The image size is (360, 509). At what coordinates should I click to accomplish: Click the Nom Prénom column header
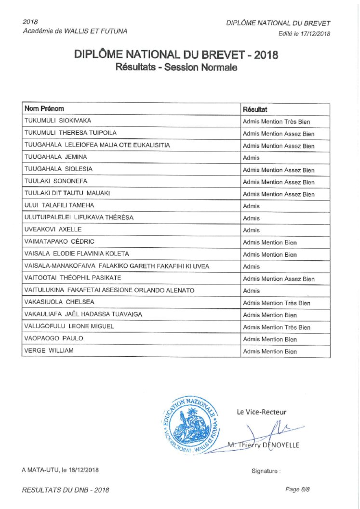coord(44,109)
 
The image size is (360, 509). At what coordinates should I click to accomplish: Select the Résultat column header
coord(255,109)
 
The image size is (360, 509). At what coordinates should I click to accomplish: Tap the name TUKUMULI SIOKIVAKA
coord(58,121)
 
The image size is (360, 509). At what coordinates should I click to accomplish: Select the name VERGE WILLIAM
coord(49,350)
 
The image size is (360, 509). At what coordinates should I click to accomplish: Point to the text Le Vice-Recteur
coord(261,412)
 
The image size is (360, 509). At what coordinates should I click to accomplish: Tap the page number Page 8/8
coord(298,489)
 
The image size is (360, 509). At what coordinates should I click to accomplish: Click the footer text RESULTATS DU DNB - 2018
coord(66,490)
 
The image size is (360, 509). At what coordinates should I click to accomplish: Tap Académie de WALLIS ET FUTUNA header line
coord(75,31)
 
